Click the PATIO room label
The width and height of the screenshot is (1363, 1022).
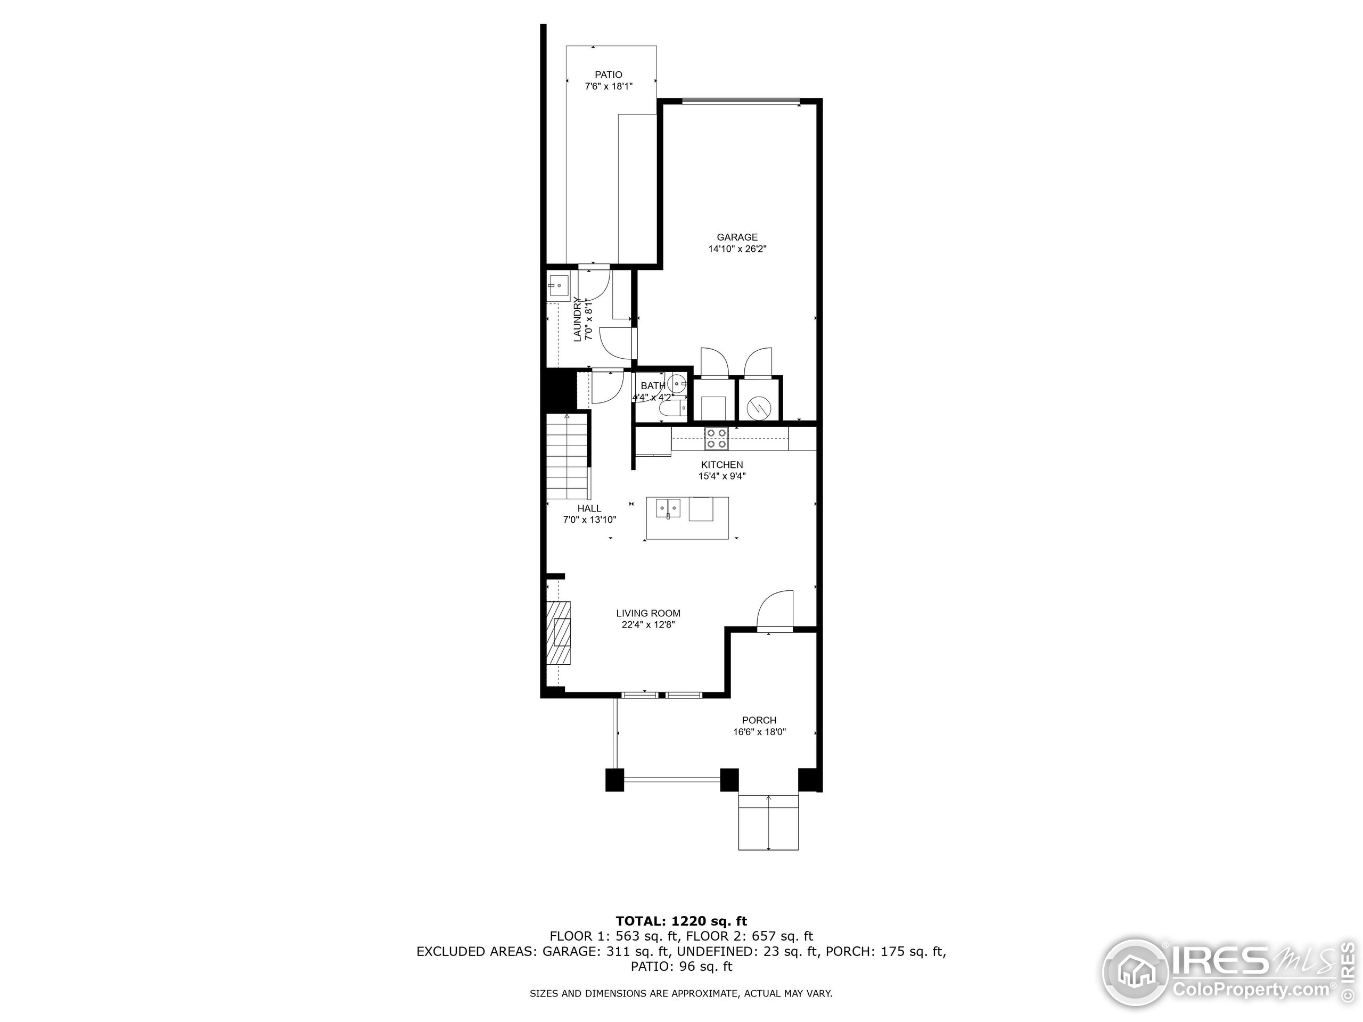[x=608, y=75]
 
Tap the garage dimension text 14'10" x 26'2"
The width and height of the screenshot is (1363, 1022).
[x=737, y=249]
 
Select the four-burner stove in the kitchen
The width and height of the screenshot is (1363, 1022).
[x=717, y=438]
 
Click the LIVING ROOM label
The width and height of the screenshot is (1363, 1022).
[x=648, y=613]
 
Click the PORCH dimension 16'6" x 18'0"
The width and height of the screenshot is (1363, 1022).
[x=759, y=732]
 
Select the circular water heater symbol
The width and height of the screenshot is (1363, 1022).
[x=759, y=407]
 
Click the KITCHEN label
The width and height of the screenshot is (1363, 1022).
[x=721, y=465]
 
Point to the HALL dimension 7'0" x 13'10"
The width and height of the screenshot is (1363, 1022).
[x=589, y=520]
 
